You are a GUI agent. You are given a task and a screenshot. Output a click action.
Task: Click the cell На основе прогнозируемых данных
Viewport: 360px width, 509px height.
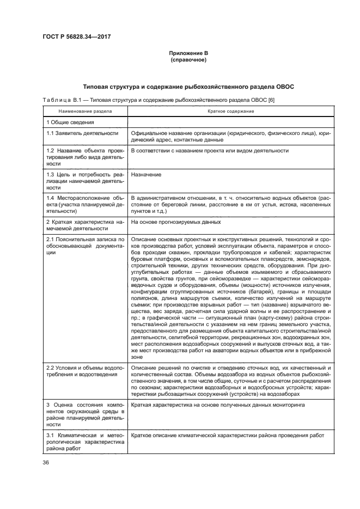click(175, 222)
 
